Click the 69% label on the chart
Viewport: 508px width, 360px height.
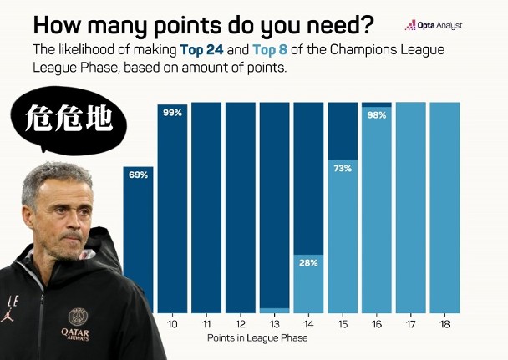[x=139, y=175]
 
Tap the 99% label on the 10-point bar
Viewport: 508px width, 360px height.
[x=172, y=113]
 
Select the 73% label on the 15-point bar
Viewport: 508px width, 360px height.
[x=343, y=169]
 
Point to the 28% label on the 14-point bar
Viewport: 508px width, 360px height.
[x=308, y=263]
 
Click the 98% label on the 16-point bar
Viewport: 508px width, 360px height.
[x=377, y=115]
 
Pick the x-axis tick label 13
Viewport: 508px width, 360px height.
[x=274, y=324]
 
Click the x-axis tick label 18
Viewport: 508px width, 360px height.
[x=444, y=324]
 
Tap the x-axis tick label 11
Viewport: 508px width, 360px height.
[x=206, y=324]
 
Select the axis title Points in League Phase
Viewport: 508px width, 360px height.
[x=257, y=338]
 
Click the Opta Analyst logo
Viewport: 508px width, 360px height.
[x=434, y=25]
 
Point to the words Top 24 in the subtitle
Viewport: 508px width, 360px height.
[x=202, y=50]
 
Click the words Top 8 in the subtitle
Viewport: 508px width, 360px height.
[x=270, y=50]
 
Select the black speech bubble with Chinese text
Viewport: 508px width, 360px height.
[x=69, y=119]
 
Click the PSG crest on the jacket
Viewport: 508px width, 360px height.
[x=78, y=317]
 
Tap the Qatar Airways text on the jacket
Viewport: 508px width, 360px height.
[x=75, y=335]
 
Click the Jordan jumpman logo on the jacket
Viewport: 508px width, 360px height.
[x=8, y=316]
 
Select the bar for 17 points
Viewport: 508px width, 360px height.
[x=410, y=207]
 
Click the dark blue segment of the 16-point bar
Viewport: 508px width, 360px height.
[x=377, y=104]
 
